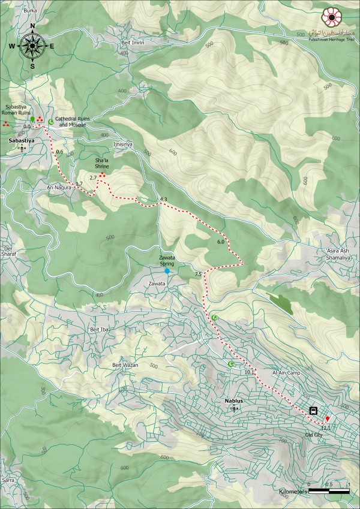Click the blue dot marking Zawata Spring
pos(167,271)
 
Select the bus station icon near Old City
pos(313,411)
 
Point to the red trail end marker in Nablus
pos(328,418)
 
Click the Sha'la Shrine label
pos(101,164)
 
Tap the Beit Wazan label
pos(125,365)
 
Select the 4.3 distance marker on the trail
pos(164,199)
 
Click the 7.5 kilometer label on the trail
pos(199,274)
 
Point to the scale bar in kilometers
pos(328,491)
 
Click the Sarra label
pos(7,480)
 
